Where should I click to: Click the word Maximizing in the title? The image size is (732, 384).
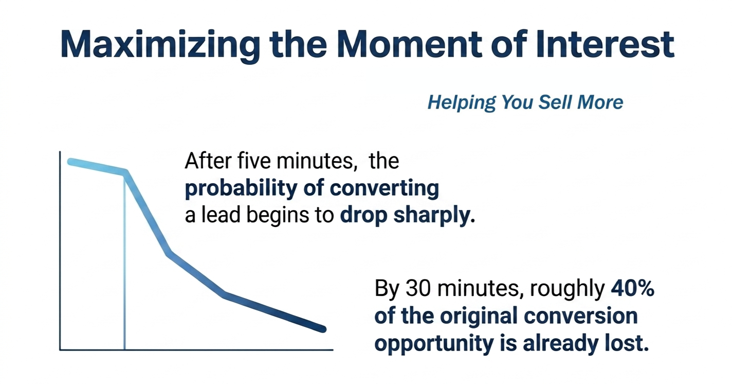click(x=160, y=45)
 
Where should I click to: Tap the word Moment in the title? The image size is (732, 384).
click(x=410, y=44)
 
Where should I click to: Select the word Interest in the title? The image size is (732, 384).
click(x=605, y=44)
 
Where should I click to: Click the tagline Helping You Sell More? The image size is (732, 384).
click(x=525, y=102)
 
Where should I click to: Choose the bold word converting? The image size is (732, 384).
click(x=384, y=189)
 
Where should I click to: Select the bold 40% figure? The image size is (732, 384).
click(x=632, y=288)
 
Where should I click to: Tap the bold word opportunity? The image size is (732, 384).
click(x=434, y=344)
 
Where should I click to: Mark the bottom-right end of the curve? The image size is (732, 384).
click(x=323, y=329)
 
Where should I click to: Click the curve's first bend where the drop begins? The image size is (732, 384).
click(x=125, y=172)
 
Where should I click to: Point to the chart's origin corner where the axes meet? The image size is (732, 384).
click(x=60, y=350)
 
